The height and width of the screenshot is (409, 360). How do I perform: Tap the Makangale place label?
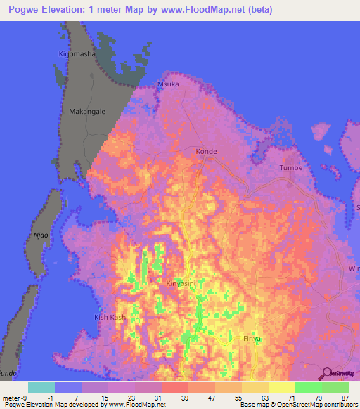pos(87,111)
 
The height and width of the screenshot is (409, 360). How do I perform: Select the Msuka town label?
pos(169,84)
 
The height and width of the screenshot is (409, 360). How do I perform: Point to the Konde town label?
pos(206,152)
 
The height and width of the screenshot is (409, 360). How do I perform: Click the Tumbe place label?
pos(290,168)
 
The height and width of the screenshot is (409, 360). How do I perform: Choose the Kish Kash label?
pos(110,318)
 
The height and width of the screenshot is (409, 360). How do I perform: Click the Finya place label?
pos(252,339)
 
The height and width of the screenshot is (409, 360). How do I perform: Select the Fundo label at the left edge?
pos(7,373)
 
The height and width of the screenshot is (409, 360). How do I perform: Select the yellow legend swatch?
pos(281,387)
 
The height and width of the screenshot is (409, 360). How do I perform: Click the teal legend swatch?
pos(41,387)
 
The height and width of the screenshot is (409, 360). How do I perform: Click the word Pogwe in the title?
pos(34,10)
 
